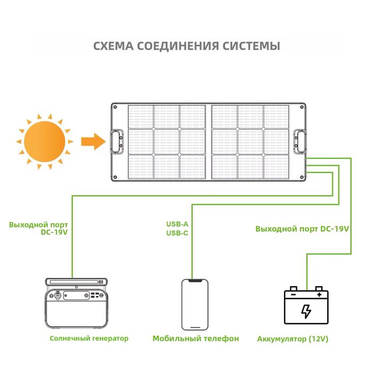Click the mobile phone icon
coord(192,304)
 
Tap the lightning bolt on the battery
coord(306,311)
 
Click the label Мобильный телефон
coord(195,338)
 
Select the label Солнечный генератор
coord(89,338)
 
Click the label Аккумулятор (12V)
coord(293,339)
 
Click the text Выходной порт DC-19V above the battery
coord(302,229)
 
